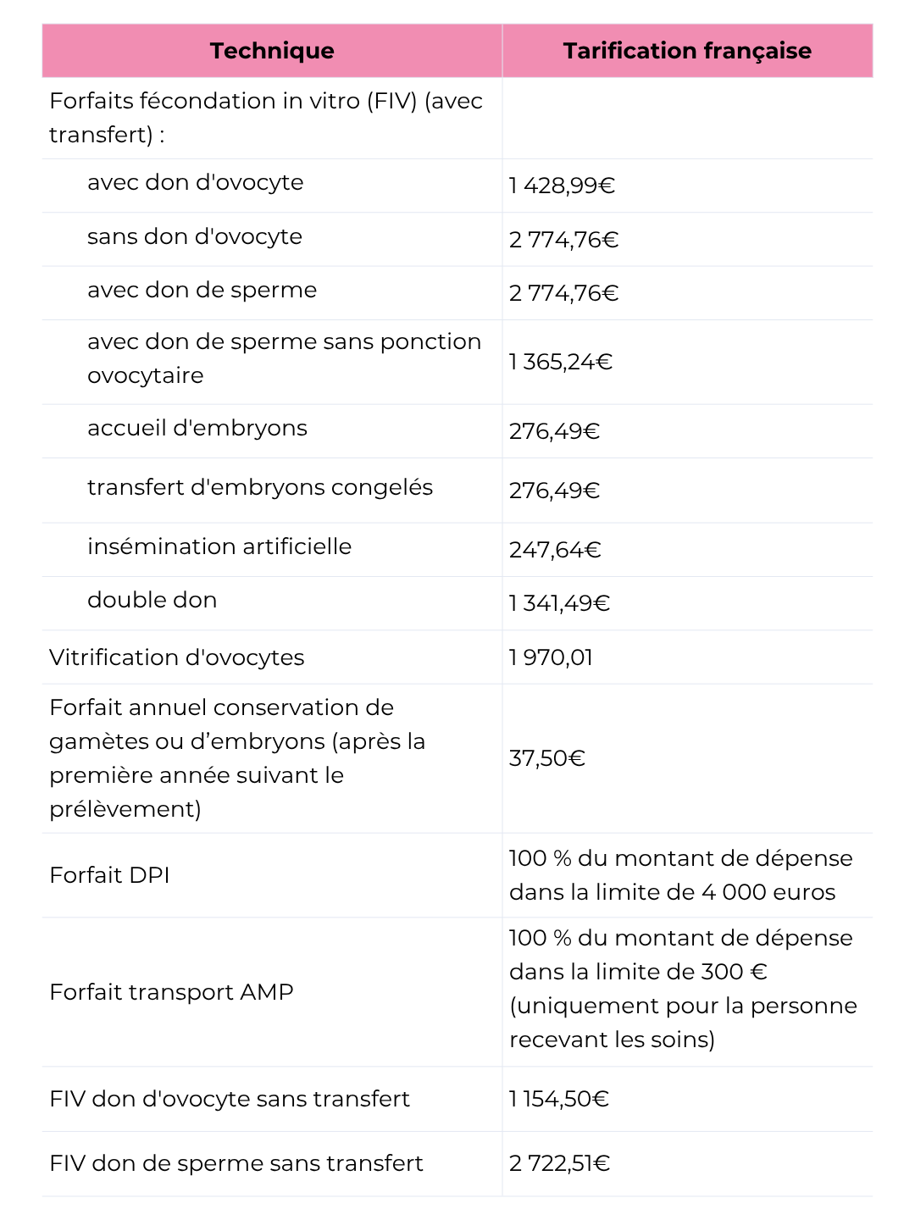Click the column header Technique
(272, 51)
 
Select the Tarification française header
(687, 51)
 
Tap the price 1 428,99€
(562, 186)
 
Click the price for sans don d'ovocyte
(563, 240)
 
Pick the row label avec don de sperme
(202, 290)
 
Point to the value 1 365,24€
(560, 362)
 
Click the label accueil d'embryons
(197, 428)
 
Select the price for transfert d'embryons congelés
(554, 491)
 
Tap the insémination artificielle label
(219, 546)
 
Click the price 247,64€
(555, 550)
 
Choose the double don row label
(152, 600)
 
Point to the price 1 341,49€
(559, 603)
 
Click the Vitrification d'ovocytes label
(176, 657)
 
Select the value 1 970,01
(551, 657)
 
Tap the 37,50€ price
(546, 758)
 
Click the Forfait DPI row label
(109, 875)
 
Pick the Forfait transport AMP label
(171, 992)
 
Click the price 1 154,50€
(559, 1099)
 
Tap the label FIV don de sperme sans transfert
(236, 1163)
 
